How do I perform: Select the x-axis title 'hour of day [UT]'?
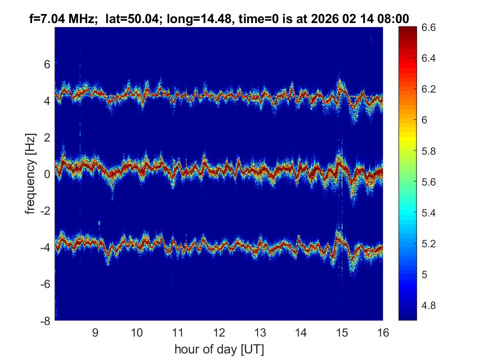click(x=219, y=350)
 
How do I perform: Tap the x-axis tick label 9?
click(x=96, y=332)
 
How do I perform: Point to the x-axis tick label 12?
click(x=219, y=332)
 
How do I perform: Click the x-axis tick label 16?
click(x=383, y=332)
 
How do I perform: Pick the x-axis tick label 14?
click(x=301, y=332)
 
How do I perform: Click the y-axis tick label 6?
click(x=47, y=64)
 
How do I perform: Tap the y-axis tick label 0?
click(x=47, y=174)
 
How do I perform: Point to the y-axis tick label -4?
click(x=45, y=248)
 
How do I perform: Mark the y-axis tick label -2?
click(x=45, y=211)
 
